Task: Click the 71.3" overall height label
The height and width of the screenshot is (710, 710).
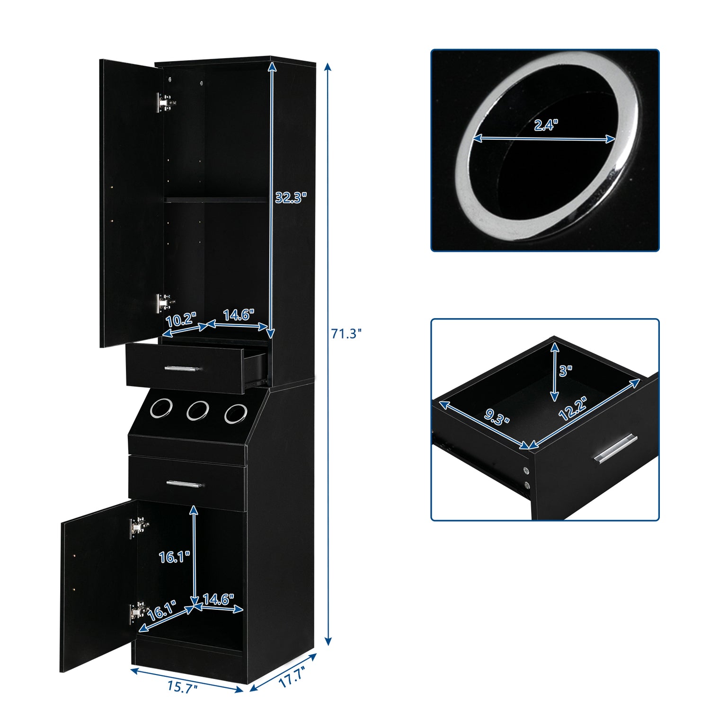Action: point(346,334)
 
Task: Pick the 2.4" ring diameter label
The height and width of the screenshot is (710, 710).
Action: point(546,125)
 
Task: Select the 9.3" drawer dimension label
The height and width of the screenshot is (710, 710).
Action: point(497,417)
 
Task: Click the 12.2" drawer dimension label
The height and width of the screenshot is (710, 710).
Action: point(573,408)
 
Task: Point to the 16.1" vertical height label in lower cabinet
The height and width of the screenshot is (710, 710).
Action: point(174,557)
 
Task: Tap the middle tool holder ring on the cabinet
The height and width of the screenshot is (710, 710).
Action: point(197,410)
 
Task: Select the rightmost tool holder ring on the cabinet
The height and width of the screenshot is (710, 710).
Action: point(236,413)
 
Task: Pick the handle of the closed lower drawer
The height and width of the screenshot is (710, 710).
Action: point(185,484)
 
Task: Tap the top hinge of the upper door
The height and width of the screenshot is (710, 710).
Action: point(166,102)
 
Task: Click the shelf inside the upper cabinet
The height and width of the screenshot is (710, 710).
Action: point(216,200)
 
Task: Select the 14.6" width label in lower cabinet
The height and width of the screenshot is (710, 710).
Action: point(218,599)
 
